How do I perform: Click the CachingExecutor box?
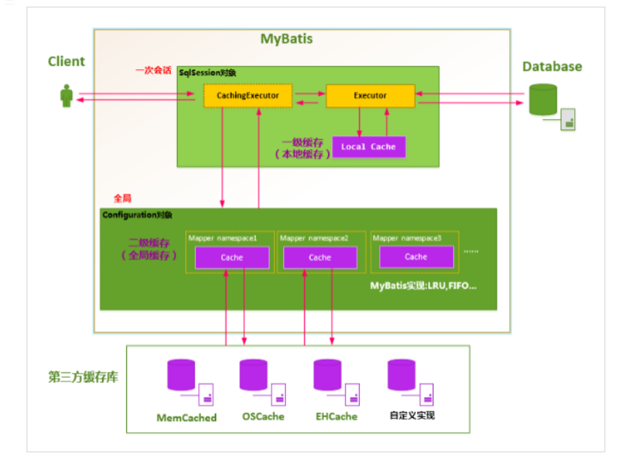(x=248, y=96)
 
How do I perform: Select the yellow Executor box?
(x=370, y=96)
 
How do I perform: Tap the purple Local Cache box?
(x=368, y=147)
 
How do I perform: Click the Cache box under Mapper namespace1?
(x=232, y=258)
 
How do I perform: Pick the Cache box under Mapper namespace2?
(x=320, y=258)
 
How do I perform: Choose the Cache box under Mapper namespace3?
(x=416, y=257)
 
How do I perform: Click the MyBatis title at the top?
(x=287, y=38)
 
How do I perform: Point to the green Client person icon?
(x=67, y=96)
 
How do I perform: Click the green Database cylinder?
(x=543, y=99)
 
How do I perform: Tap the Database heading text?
(x=552, y=66)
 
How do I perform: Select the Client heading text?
(x=67, y=62)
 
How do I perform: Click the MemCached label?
(x=187, y=418)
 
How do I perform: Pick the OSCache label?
(x=263, y=416)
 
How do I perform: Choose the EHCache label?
(x=337, y=416)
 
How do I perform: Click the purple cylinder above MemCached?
(x=181, y=375)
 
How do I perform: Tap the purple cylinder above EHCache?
(x=327, y=375)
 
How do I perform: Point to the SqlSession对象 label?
(x=207, y=73)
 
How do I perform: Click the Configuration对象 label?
(x=137, y=215)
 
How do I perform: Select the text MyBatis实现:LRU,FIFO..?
(x=423, y=286)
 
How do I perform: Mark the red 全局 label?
(x=123, y=198)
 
